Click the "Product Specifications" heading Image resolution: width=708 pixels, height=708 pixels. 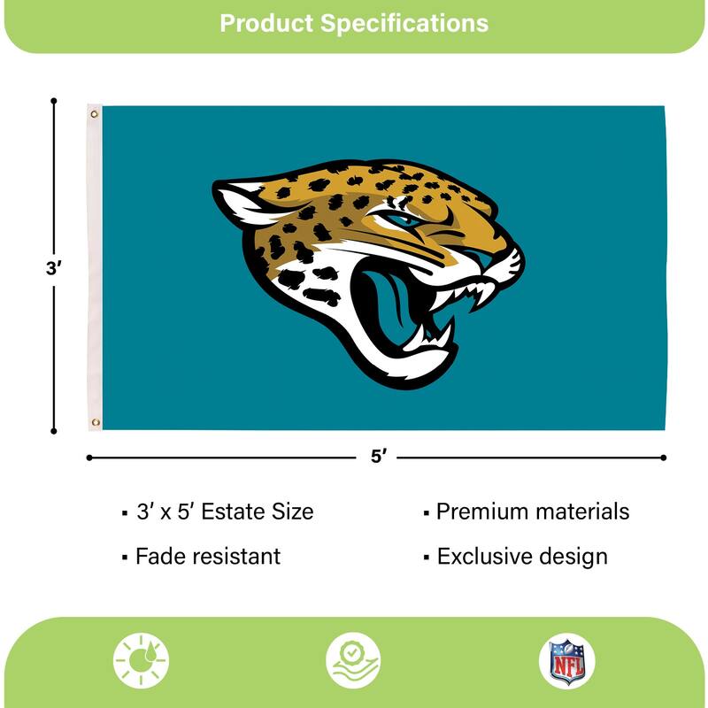click(x=354, y=23)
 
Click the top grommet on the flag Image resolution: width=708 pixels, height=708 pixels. click(x=95, y=114)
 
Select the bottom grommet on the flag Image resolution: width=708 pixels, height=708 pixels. click(x=96, y=422)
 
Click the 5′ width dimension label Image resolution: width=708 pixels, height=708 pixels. click(x=379, y=458)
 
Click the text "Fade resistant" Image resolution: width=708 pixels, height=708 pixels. click(x=207, y=557)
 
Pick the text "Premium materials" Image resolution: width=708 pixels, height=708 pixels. click(x=532, y=512)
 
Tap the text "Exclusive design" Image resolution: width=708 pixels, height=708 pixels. click(x=522, y=557)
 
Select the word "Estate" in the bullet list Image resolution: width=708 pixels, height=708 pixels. click(x=233, y=512)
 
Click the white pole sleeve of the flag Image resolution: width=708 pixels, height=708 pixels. click(x=95, y=265)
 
